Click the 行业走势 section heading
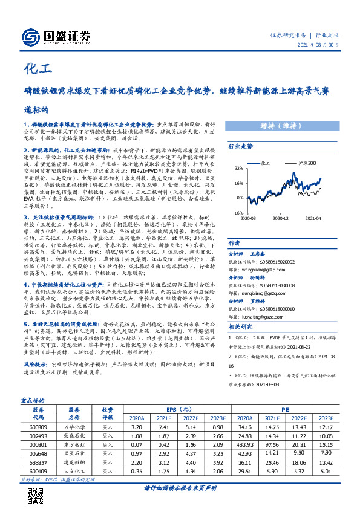240,146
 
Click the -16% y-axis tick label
238,213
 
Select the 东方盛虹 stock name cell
74,443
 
